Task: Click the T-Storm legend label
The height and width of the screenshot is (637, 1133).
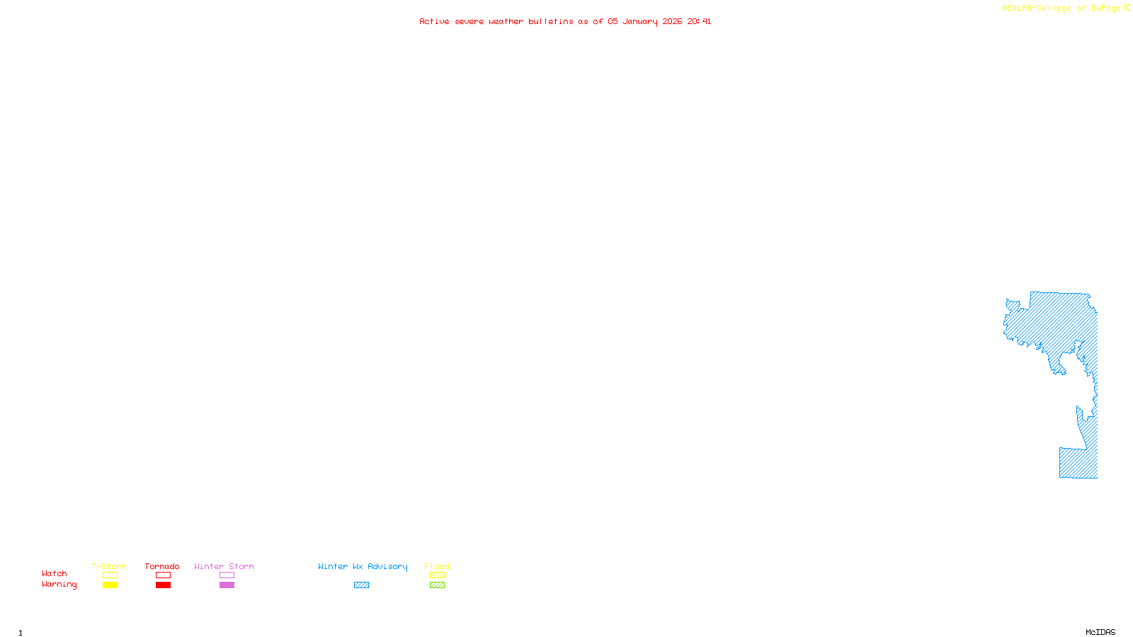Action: click(x=109, y=566)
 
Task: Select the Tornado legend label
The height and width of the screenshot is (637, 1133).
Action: click(x=162, y=566)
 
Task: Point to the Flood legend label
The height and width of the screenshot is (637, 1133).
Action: click(x=437, y=566)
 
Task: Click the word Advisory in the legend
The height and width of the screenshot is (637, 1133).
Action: click(x=387, y=566)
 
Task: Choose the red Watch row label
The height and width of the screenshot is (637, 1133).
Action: click(x=55, y=573)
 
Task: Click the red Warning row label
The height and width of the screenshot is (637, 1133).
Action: click(x=59, y=585)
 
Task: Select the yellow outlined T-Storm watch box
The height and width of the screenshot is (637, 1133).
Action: click(x=110, y=575)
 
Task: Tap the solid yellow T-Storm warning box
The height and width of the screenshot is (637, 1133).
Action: click(x=110, y=585)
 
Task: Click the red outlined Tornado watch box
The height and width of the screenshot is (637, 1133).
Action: click(x=163, y=575)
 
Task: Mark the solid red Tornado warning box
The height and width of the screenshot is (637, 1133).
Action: click(x=163, y=585)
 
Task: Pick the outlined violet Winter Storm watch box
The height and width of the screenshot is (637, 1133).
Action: click(x=227, y=575)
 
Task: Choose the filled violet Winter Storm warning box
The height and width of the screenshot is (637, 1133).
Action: click(x=227, y=585)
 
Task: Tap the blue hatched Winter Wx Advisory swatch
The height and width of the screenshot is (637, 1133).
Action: click(x=361, y=585)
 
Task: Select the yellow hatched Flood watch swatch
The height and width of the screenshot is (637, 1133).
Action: click(x=437, y=575)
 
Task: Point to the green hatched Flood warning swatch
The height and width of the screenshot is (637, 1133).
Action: click(x=437, y=585)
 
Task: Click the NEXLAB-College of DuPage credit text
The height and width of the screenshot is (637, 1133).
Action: click(x=1061, y=8)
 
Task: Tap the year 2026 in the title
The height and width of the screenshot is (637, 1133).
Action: click(x=672, y=22)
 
